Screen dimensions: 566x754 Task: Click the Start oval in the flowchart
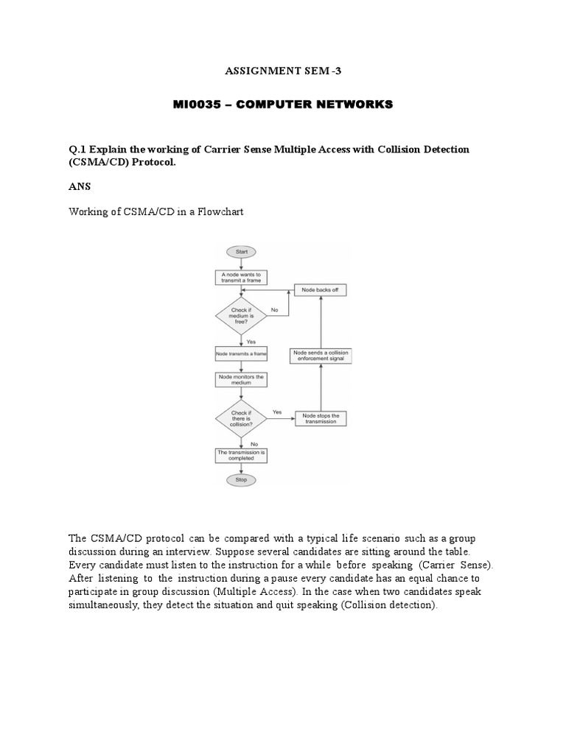coord(240,252)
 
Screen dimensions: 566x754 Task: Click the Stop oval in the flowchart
coord(240,480)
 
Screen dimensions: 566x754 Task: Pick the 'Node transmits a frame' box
coord(240,354)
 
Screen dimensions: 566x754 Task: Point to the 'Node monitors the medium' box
coord(240,380)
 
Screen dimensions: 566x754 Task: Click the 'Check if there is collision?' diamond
coord(240,418)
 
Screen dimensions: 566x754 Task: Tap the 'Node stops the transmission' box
coord(321,418)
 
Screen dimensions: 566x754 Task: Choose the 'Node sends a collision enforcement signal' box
coord(321,356)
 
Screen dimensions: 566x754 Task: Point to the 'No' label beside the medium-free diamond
coord(274,310)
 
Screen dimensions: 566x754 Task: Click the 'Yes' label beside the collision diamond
coord(277,412)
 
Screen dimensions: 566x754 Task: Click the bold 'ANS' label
coord(78,187)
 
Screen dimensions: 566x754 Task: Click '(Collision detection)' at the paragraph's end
coord(384,605)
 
